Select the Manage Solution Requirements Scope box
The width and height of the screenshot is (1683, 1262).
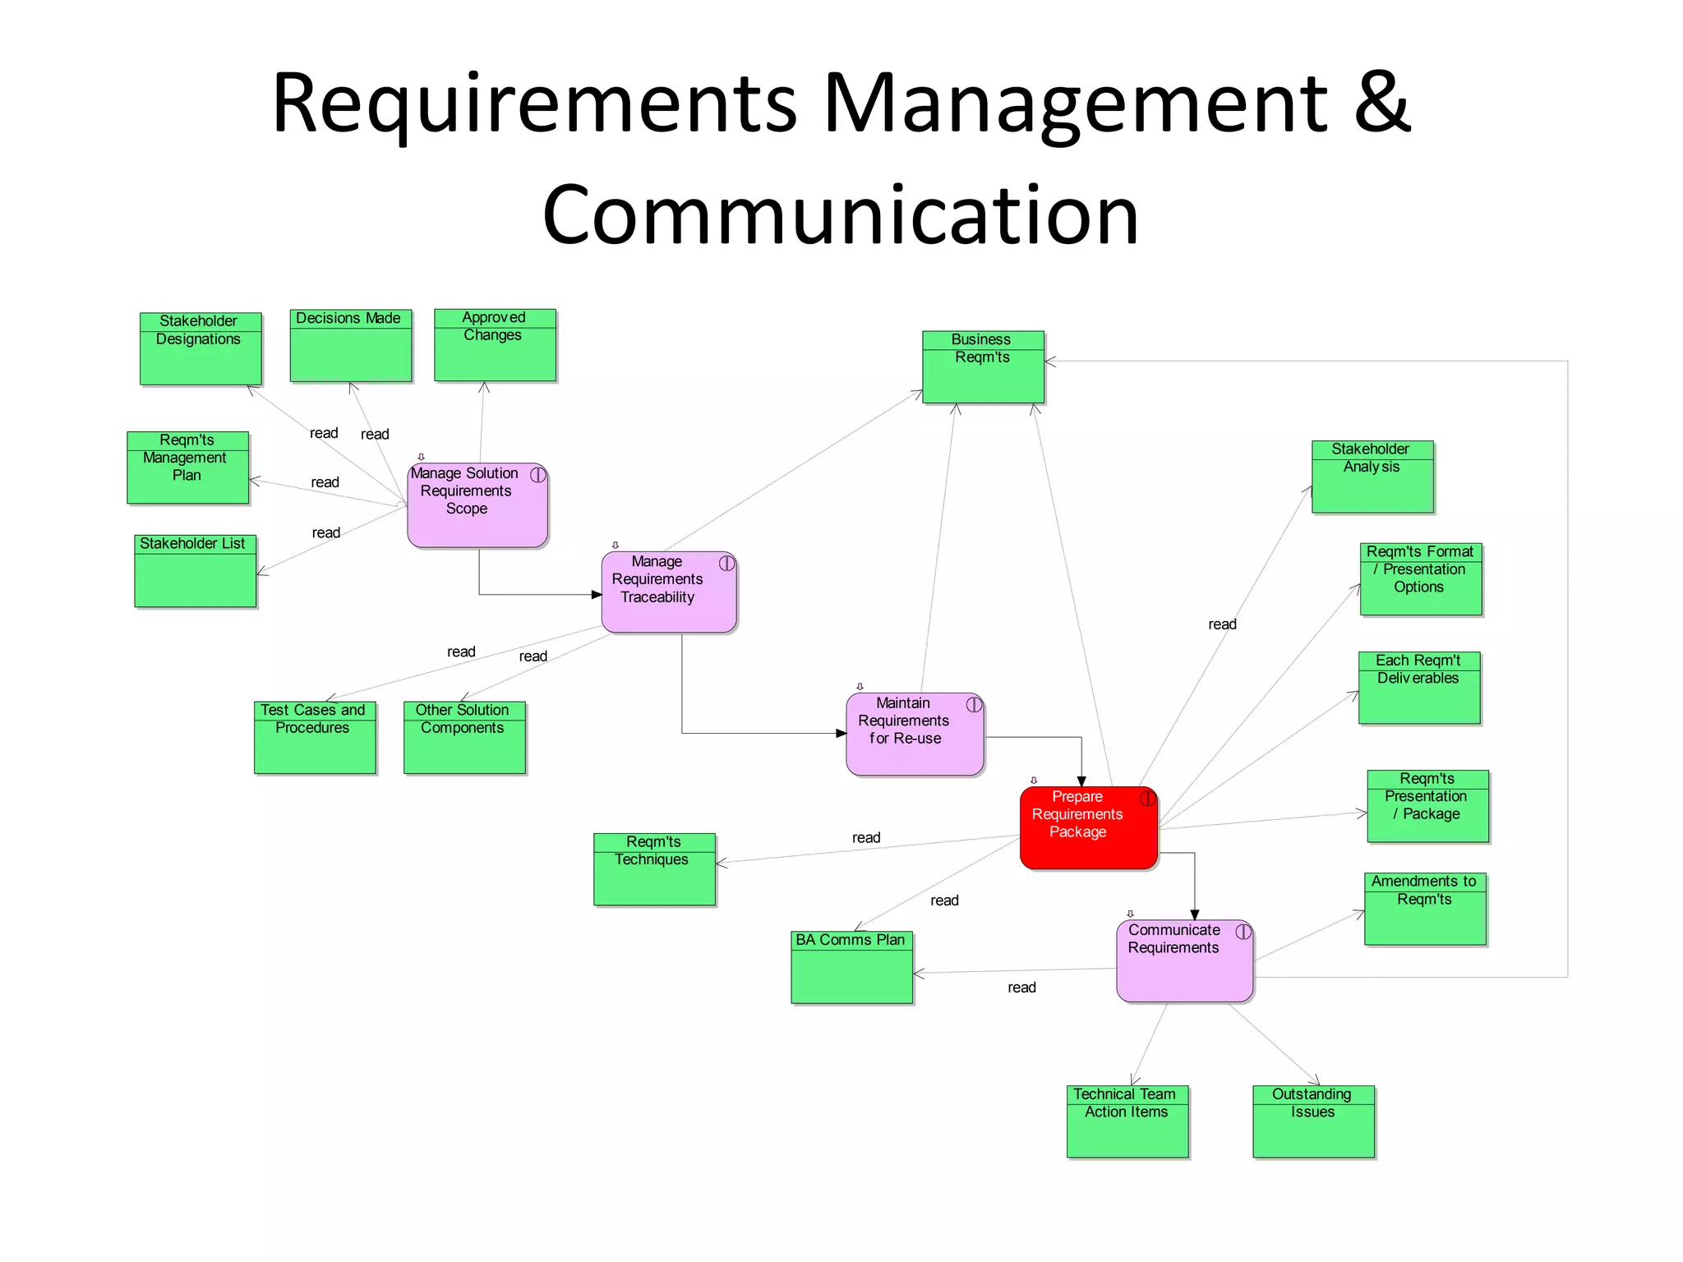(477, 505)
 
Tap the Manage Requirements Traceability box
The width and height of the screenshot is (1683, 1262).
(669, 592)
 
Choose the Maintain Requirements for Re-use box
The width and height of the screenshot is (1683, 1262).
(915, 734)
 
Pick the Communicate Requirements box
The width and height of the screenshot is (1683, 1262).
(1184, 960)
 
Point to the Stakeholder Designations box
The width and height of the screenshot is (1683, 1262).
(201, 348)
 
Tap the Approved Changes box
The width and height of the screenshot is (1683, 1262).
(495, 345)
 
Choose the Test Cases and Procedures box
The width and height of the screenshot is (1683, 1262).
(315, 737)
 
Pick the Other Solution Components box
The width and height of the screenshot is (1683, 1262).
(464, 737)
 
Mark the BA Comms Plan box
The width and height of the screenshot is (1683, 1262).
(851, 967)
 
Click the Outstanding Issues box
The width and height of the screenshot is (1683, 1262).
(1313, 1122)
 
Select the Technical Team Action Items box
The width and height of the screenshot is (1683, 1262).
(1127, 1122)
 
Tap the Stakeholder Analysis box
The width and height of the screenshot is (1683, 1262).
(1372, 477)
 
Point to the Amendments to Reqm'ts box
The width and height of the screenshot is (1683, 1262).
(1425, 909)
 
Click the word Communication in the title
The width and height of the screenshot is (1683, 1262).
(840, 215)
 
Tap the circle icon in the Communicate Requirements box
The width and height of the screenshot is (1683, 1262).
(1243, 932)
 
